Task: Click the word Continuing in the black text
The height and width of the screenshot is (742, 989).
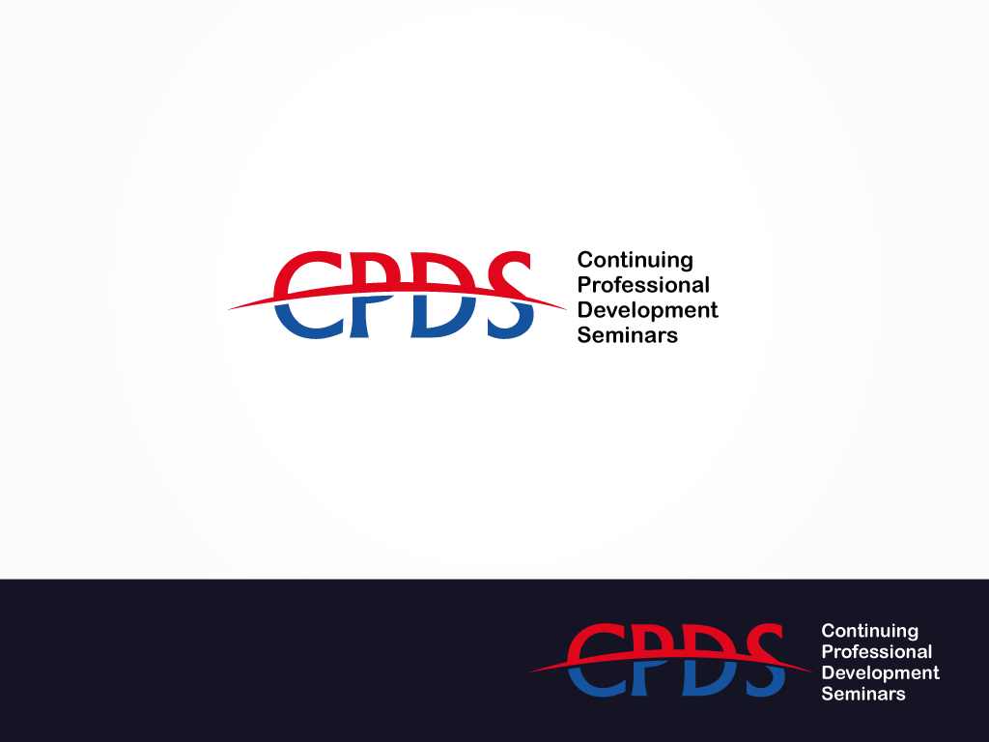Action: [x=636, y=261]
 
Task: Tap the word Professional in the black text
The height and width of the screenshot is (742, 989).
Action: [x=643, y=286]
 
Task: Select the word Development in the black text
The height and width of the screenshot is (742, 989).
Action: [x=648, y=310]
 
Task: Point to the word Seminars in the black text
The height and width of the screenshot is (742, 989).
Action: [x=628, y=335]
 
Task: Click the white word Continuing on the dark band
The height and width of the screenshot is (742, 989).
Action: [x=870, y=631]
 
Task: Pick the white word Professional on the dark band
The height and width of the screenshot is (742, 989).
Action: [x=877, y=652]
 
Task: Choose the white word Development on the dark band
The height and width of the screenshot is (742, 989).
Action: [x=881, y=673]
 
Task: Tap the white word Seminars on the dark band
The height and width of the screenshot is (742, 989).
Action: [x=863, y=694]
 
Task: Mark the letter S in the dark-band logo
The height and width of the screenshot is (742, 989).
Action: [x=765, y=659]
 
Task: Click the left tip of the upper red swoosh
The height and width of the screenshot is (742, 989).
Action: [x=228, y=309]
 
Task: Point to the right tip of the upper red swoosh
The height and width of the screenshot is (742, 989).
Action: [x=567, y=309]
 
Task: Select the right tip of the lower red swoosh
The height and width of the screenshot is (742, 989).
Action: [x=813, y=672]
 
